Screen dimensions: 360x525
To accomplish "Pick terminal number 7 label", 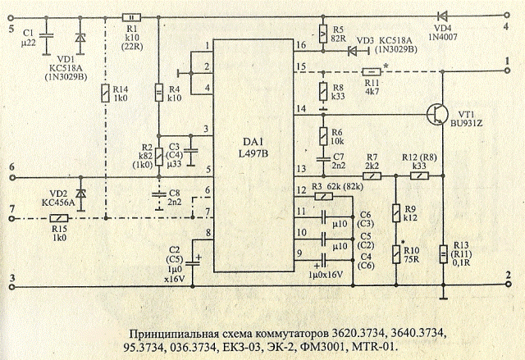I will pos(11,209).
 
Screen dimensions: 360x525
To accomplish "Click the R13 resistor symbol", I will pos(443,256).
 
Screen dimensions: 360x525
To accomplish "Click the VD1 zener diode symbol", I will pos(80,38).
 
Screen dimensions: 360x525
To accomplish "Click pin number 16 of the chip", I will pos(300,45).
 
